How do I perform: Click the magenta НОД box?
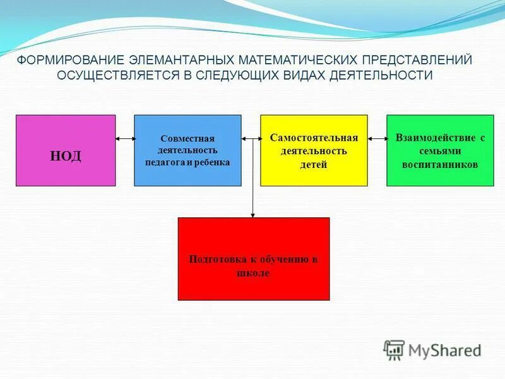tap(66, 150)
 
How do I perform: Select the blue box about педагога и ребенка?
tap(187, 150)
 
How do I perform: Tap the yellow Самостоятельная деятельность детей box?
tap(314, 150)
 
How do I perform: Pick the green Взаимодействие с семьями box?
tap(440, 150)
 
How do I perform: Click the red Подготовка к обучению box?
tap(253, 258)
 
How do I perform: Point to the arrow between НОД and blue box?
tap(125, 138)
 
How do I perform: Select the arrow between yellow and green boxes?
tap(377, 138)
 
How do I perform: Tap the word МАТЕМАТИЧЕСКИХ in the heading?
tap(298, 61)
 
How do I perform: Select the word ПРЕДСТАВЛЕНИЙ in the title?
tap(417, 61)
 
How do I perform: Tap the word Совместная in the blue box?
tap(187, 138)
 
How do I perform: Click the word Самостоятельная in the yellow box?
tap(314, 138)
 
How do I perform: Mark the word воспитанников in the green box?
tap(440, 164)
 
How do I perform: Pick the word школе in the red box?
tap(253, 273)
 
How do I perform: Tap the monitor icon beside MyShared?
tap(394, 349)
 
